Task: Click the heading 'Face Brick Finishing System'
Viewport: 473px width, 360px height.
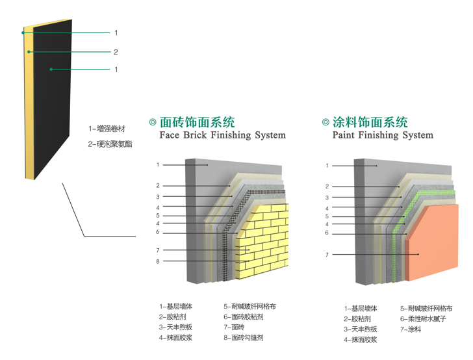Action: tap(222, 136)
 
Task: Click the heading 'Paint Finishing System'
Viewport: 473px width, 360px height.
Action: tap(382, 136)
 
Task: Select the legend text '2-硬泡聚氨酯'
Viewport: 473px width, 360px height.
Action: tap(110, 144)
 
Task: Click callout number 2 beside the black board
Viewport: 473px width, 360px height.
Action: tap(116, 52)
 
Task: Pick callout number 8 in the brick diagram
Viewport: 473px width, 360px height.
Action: tap(157, 261)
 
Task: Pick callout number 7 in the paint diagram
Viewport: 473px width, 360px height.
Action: tap(327, 255)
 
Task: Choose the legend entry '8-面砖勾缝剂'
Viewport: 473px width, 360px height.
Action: tap(243, 338)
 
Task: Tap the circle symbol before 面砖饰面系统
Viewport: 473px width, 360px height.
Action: tap(153, 122)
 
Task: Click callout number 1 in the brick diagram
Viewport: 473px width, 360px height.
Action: tap(157, 165)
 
